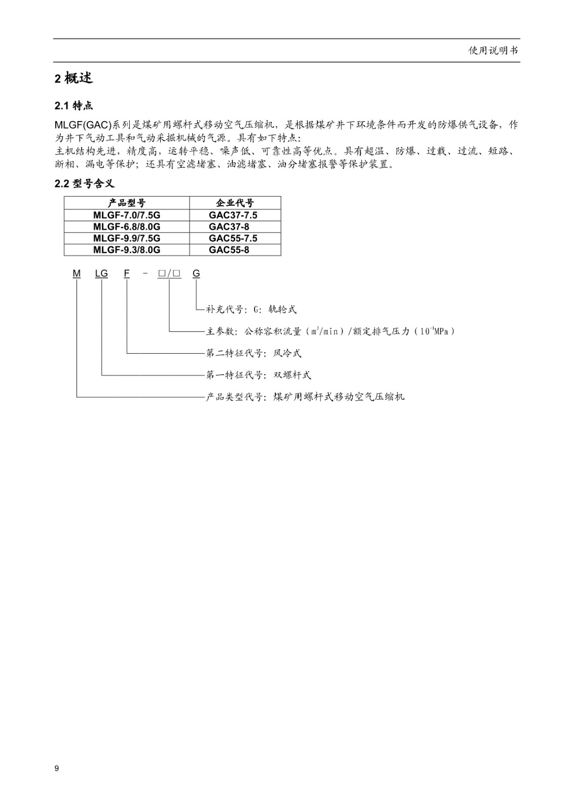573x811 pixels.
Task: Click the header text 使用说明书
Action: pyautogui.click(x=493, y=50)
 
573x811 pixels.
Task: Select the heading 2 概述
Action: pyautogui.click(x=74, y=78)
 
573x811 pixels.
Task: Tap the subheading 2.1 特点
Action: pyautogui.click(x=74, y=106)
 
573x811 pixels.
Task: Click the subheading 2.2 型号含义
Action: pyautogui.click(x=84, y=183)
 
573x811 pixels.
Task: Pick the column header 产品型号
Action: pyautogui.click(x=126, y=203)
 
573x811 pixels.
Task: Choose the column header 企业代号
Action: pyautogui.click(x=235, y=203)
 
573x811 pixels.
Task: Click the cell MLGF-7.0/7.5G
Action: pyautogui.click(x=126, y=215)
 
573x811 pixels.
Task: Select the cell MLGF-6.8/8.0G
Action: pyautogui.click(x=126, y=227)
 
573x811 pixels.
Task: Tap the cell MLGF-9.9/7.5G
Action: pyautogui.click(x=126, y=238)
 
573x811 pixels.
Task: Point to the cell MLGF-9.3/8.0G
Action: pyautogui.click(x=126, y=250)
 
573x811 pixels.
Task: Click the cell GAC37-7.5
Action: pyautogui.click(x=233, y=215)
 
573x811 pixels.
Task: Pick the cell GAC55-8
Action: pyautogui.click(x=229, y=250)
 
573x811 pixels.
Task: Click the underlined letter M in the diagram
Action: pyautogui.click(x=77, y=274)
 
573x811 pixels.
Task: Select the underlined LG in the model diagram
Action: pyautogui.click(x=101, y=274)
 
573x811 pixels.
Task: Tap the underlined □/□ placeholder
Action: pyautogui.click(x=169, y=274)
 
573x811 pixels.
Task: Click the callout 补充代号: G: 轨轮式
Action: pyautogui.click(x=251, y=309)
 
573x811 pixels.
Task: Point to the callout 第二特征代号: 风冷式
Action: pyautogui.click(x=254, y=353)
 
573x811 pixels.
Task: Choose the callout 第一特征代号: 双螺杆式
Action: pyautogui.click(x=258, y=375)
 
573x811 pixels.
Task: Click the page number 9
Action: pyautogui.click(x=56, y=768)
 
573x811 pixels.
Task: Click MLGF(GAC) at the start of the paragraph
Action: pyautogui.click(x=83, y=125)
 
